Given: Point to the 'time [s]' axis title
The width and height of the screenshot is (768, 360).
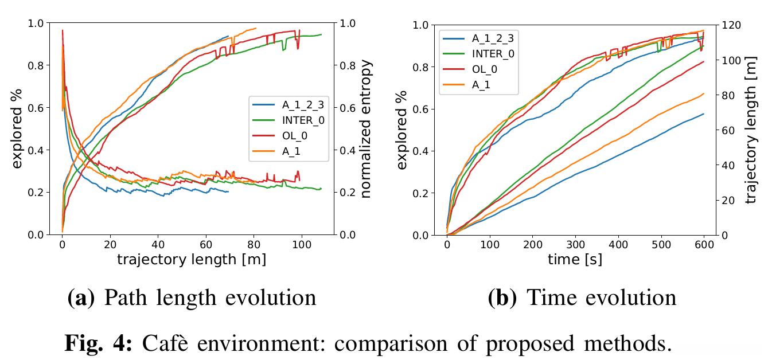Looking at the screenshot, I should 575,260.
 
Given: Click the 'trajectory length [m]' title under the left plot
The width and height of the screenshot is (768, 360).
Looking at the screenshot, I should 192,259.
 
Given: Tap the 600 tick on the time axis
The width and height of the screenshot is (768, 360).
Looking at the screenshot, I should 704,245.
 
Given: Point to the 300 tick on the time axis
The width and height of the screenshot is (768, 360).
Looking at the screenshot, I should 575,245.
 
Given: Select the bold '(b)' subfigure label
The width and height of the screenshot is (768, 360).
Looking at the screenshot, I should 503,298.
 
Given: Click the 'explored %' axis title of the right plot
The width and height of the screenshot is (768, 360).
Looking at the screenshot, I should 403,129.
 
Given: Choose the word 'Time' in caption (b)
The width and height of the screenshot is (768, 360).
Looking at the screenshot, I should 548,298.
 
